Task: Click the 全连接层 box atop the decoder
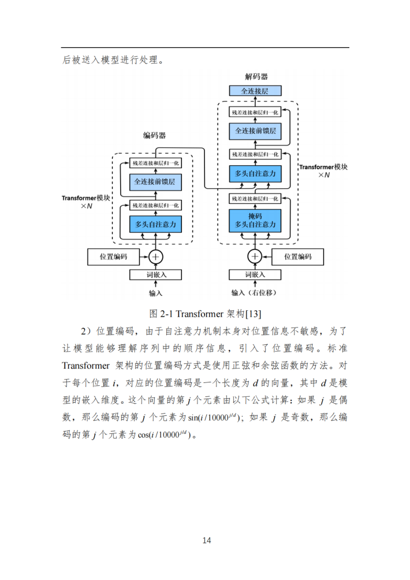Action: [255, 91]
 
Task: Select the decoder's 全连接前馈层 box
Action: [255, 131]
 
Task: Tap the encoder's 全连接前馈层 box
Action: [155, 181]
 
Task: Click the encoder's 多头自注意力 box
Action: [155, 224]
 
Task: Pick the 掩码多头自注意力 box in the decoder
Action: [255, 221]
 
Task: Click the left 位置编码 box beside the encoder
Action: [114, 256]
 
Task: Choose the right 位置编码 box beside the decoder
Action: [297, 256]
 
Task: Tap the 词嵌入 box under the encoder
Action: [155, 275]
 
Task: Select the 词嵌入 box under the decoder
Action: [255, 275]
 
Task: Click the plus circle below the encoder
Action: [156, 256]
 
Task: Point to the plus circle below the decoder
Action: [255, 256]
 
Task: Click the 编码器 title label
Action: [155, 135]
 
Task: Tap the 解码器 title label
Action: [256, 77]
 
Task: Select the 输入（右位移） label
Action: [254, 293]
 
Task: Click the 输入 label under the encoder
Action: [156, 293]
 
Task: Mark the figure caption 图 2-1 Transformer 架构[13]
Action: [205, 314]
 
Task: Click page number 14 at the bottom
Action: [207, 540]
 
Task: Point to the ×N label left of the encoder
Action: [87, 206]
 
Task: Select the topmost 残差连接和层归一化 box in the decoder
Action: [255, 113]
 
